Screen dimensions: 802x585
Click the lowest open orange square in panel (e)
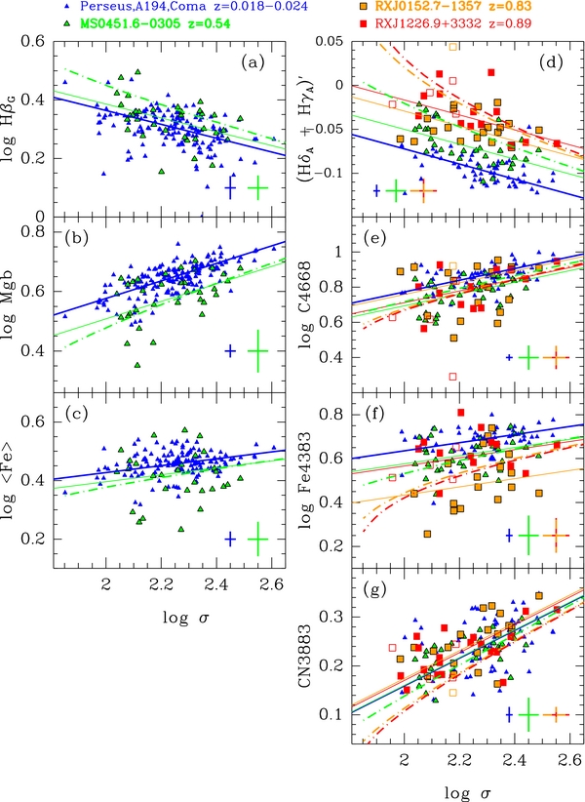coord(451,376)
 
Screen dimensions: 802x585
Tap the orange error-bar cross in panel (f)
coord(556,535)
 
